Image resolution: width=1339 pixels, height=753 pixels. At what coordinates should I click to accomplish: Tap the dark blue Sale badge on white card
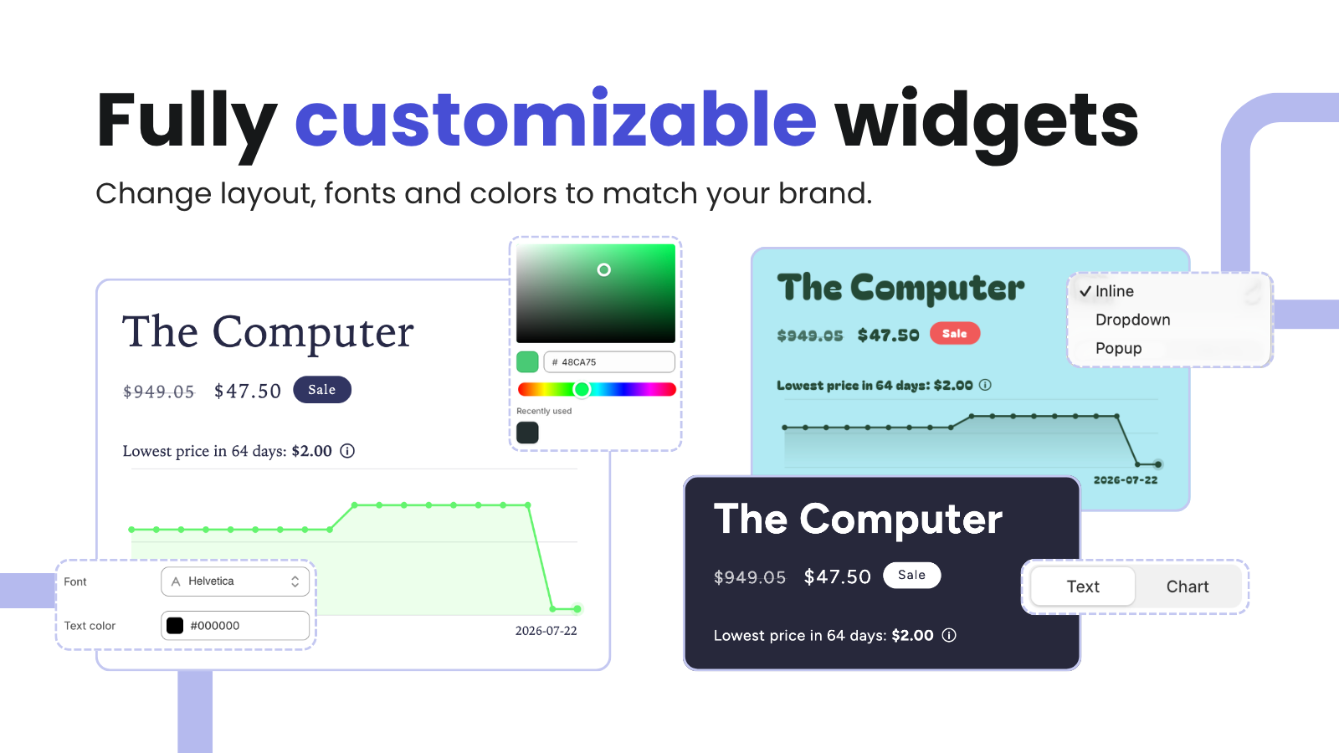(x=322, y=390)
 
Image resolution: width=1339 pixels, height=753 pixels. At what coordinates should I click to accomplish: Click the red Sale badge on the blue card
(x=955, y=334)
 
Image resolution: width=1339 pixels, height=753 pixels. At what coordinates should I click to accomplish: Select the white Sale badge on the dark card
(x=911, y=575)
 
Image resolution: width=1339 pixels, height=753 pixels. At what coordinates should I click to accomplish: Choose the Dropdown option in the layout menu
(x=1133, y=320)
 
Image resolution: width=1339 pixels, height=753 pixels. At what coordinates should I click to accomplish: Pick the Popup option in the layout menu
(x=1118, y=348)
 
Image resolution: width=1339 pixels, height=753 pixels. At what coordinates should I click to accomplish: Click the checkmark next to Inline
(x=1085, y=291)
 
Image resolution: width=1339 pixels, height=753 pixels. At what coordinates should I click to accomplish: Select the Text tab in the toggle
(x=1083, y=587)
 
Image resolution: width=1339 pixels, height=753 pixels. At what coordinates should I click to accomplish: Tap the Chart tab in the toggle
(x=1188, y=587)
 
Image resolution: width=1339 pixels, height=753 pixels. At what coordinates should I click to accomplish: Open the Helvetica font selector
(x=235, y=581)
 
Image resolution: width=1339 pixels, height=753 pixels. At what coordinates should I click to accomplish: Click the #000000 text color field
(x=235, y=626)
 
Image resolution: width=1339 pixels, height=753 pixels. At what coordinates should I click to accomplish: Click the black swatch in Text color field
(x=175, y=626)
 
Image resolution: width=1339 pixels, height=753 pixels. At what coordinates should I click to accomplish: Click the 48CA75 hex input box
(x=609, y=362)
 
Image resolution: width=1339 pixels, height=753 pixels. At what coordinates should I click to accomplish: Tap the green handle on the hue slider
(x=582, y=390)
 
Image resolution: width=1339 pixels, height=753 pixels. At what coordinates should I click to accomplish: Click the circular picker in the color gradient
(x=603, y=270)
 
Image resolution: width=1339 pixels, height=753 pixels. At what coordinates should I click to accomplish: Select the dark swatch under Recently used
(x=527, y=433)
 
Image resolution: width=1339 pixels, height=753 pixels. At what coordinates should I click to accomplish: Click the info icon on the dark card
(x=949, y=635)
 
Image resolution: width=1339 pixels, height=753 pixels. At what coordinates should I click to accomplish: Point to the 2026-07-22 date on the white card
(x=546, y=631)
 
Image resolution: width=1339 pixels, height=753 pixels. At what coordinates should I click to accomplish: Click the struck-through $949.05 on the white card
(x=158, y=392)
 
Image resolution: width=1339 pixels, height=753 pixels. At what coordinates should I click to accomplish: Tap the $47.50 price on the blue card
(x=888, y=336)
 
